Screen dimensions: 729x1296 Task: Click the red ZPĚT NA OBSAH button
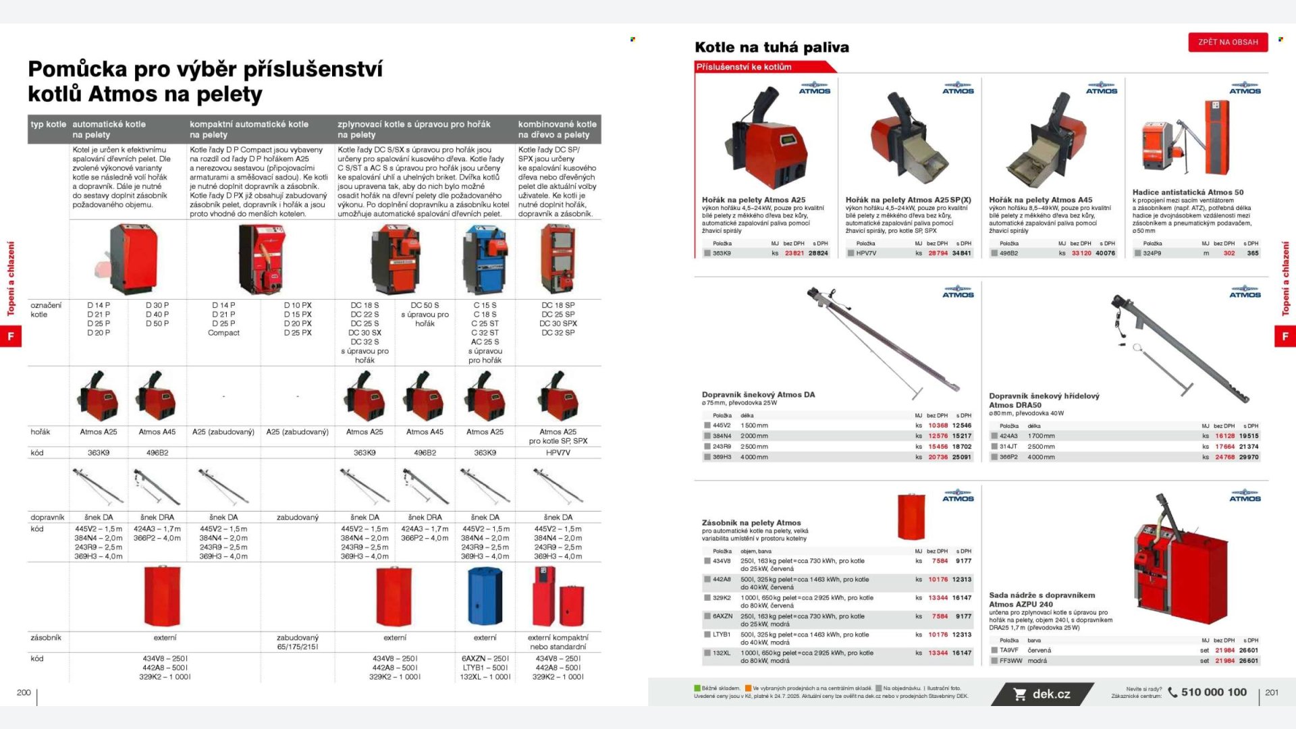coord(1228,42)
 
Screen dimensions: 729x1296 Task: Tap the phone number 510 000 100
coord(1214,692)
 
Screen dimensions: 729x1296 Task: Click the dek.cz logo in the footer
coord(1042,694)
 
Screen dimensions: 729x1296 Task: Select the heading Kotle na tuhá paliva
coord(772,47)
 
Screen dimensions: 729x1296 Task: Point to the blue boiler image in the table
coord(485,260)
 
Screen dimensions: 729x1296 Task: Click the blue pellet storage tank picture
coord(485,596)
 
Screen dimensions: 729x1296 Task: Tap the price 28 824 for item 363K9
coord(818,253)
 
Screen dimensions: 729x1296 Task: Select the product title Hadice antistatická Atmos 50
coord(1187,192)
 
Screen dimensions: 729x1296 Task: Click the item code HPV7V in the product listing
coord(866,253)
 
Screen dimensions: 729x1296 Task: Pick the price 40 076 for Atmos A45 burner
coord(1105,253)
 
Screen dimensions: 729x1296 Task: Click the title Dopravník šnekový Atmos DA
coord(758,394)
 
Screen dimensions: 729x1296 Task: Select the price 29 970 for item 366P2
coord(1248,457)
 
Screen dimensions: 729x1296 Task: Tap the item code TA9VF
coord(1008,650)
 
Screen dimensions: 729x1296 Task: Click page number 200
coord(24,693)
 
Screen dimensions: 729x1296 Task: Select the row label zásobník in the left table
coord(46,637)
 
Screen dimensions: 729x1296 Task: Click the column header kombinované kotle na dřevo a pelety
coord(557,129)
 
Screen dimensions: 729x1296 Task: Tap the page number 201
coord(1271,693)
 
